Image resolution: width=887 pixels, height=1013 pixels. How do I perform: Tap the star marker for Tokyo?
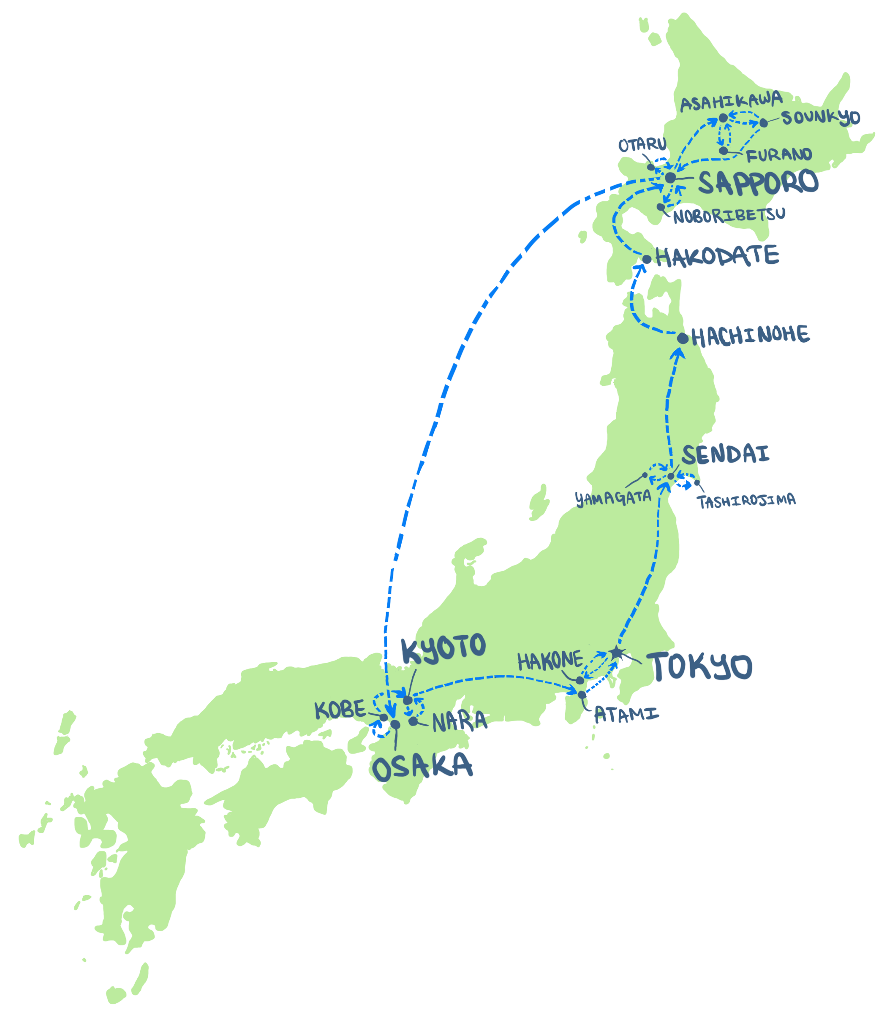click(615, 653)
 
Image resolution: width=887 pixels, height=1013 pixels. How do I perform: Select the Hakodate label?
click(717, 256)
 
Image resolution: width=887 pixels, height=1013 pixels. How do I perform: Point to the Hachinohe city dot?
click(683, 339)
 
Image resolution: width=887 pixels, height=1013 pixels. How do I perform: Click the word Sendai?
click(726, 454)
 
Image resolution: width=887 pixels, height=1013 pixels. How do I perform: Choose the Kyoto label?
click(443, 648)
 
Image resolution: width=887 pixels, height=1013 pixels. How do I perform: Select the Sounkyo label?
click(821, 118)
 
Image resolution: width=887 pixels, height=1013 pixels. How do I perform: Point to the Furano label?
click(778, 155)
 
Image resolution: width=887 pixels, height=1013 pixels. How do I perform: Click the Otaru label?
click(642, 145)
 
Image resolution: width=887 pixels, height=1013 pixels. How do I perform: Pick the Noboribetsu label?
click(729, 215)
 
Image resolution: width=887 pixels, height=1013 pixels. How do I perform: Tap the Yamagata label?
click(613, 498)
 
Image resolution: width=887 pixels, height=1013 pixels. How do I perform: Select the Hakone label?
click(550, 661)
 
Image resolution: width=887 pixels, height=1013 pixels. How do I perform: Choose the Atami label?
click(626, 714)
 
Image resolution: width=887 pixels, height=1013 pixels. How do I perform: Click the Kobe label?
click(340, 711)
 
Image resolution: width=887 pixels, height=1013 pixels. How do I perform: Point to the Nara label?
click(460, 722)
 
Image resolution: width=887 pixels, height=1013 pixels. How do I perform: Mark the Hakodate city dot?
click(646, 260)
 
